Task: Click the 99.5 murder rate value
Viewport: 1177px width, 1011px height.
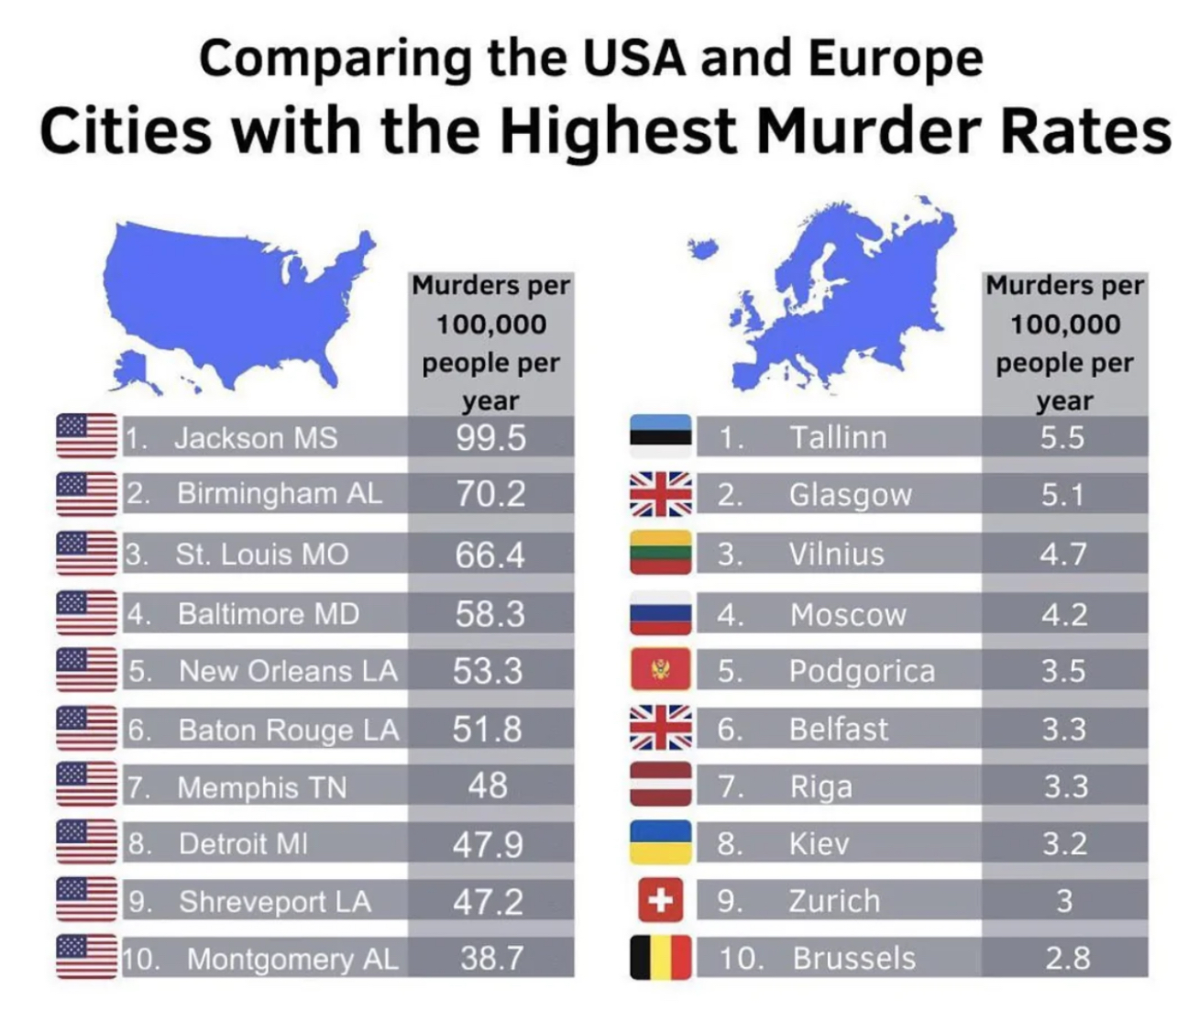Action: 490,438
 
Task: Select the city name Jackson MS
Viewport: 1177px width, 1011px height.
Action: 256,438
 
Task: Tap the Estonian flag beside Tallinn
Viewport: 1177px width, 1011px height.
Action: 661,436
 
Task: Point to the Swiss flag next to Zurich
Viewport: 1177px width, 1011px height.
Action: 661,900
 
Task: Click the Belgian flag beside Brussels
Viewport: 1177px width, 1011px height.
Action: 661,958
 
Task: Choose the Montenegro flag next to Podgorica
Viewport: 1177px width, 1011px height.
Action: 661,669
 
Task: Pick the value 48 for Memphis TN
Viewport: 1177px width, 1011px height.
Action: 488,786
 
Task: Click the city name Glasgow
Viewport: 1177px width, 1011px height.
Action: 850,495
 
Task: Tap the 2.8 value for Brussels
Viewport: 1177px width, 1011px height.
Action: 1067,958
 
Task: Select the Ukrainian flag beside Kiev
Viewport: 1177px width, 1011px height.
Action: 661,842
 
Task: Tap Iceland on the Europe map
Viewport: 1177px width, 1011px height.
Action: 703,248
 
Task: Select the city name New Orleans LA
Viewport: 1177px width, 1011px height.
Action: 288,671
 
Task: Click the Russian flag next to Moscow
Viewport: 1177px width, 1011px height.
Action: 661,612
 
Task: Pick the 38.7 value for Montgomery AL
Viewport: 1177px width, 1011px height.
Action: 490,958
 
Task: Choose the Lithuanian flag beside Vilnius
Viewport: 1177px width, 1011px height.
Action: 661,552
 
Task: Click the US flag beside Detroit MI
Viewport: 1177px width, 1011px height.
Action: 86,842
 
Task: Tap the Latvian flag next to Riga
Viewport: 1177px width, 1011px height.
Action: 661,785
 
